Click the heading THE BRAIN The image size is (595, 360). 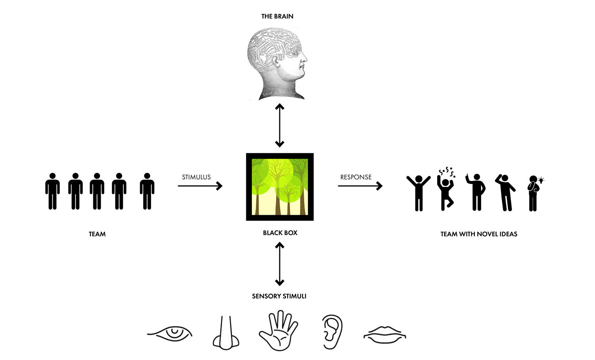point(277,16)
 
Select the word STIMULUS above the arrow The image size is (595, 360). point(196,177)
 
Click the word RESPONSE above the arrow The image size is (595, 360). point(356,177)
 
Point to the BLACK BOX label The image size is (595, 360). point(280,233)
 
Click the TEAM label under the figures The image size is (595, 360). point(97,234)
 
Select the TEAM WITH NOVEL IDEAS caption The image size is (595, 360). point(479,234)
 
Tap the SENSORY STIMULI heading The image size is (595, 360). point(279,296)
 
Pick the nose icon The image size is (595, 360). point(226,333)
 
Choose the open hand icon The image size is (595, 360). point(278,331)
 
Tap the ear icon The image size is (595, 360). point(332,331)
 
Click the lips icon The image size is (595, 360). point(384,335)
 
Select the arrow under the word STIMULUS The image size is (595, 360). point(200,186)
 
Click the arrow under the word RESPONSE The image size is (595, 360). point(360,186)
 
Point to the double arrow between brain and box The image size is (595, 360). point(280,125)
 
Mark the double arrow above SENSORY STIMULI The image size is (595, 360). point(280,264)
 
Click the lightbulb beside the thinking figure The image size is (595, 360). point(541,180)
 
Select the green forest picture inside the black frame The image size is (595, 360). point(280,187)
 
